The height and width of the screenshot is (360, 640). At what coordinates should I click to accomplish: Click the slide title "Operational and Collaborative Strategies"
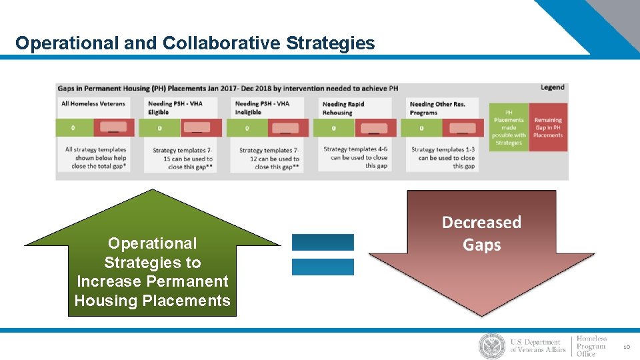(x=195, y=44)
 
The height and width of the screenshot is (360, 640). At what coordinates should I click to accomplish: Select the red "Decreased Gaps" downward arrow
(x=481, y=267)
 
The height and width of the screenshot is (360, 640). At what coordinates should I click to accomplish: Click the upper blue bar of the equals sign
(x=323, y=242)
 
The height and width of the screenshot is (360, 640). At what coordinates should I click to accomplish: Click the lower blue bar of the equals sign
(x=323, y=267)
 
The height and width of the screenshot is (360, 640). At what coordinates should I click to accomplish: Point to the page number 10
(x=627, y=347)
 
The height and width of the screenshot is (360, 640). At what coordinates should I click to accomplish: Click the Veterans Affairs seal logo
(x=492, y=346)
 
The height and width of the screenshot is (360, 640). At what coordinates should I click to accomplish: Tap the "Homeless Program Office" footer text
(x=591, y=346)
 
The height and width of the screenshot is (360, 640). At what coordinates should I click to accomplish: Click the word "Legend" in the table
(x=552, y=87)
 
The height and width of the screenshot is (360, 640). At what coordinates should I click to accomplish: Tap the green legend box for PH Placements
(x=509, y=127)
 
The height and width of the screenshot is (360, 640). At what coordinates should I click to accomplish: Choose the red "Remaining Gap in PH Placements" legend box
(x=548, y=127)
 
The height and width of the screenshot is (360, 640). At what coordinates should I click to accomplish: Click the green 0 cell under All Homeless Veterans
(x=74, y=128)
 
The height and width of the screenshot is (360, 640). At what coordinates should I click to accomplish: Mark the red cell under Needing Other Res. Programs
(x=463, y=128)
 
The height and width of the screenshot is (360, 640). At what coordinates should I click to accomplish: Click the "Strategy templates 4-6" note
(x=355, y=157)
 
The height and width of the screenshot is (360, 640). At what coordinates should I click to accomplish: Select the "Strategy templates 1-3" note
(x=443, y=158)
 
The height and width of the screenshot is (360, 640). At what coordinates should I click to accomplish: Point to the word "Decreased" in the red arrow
(x=481, y=222)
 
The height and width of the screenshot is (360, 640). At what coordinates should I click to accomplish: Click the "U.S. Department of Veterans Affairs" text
(x=538, y=346)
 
